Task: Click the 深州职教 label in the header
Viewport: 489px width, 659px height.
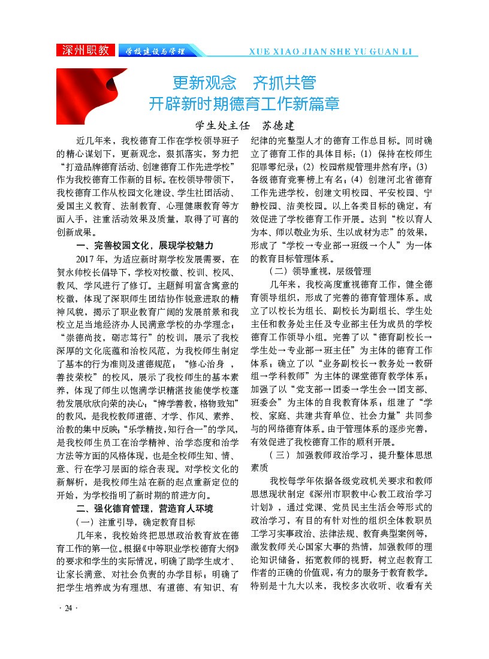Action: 85,50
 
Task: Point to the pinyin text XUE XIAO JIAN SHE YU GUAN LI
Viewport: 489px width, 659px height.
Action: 333,52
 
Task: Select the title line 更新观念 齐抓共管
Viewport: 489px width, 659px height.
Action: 244,82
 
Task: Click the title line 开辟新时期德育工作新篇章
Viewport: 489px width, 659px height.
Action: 244,104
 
